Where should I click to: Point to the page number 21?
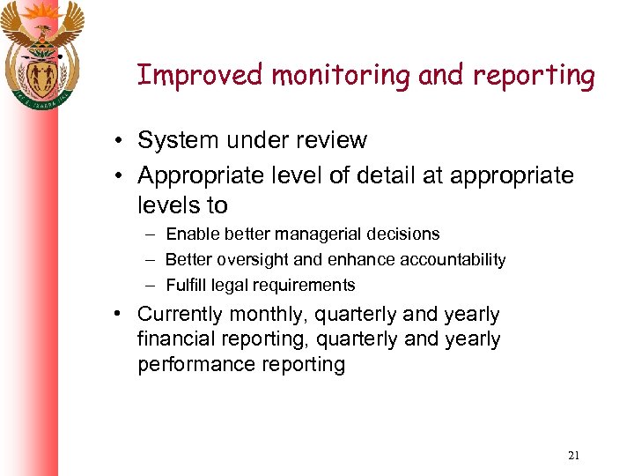(x=574, y=456)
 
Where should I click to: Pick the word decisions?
(x=401, y=234)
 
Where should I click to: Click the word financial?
(x=176, y=339)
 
